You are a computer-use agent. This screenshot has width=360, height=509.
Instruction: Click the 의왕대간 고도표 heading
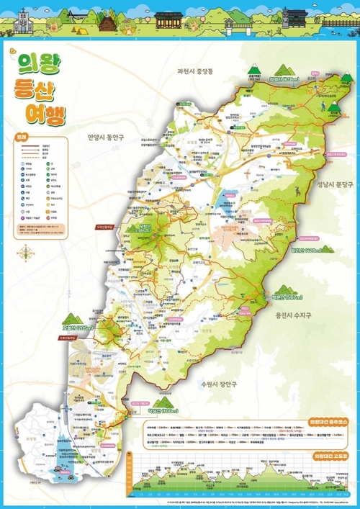tap(330, 456)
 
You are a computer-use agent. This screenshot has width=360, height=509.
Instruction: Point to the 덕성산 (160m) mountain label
tap(163, 410)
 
